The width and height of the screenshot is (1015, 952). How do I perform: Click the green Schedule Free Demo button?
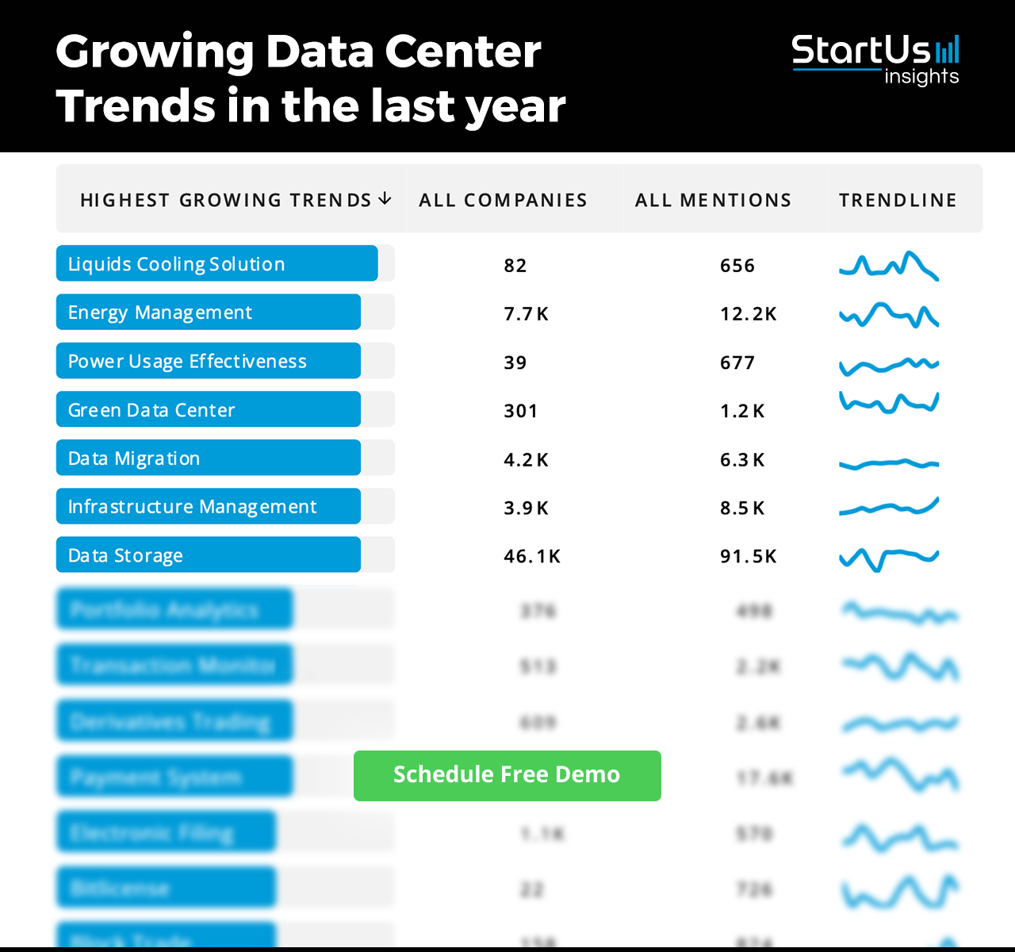(x=507, y=775)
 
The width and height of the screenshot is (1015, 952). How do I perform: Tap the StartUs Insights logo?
(x=875, y=59)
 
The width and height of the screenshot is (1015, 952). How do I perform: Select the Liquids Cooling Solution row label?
(x=176, y=264)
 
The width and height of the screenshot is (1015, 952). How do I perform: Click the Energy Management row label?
(x=160, y=313)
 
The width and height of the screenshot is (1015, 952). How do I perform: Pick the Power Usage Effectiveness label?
(x=187, y=361)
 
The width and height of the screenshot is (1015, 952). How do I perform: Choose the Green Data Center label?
(x=151, y=410)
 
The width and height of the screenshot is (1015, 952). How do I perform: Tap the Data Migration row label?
(x=134, y=459)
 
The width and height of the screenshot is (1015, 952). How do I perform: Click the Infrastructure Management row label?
(x=192, y=507)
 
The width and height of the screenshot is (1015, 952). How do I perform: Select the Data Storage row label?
(x=125, y=555)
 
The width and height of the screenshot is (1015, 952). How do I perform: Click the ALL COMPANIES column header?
(x=503, y=200)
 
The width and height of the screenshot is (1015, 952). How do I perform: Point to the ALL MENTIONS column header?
(x=713, y=200)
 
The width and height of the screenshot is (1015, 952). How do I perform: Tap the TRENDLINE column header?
(x=898, y=200)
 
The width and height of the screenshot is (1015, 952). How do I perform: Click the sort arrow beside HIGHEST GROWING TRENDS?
(x=385, y=198)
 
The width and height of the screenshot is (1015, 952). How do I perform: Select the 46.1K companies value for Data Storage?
(x=532, y=556)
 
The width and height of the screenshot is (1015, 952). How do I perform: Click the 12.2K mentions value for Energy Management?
(x=748, y=314)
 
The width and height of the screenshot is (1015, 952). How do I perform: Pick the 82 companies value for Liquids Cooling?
(x=515, y=266)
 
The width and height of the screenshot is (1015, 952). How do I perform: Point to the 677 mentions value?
(x=737, y=363)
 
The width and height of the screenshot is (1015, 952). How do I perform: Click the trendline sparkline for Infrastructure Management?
(x=889, y=507)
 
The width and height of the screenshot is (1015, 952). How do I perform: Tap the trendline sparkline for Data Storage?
(x=889, y=558)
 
